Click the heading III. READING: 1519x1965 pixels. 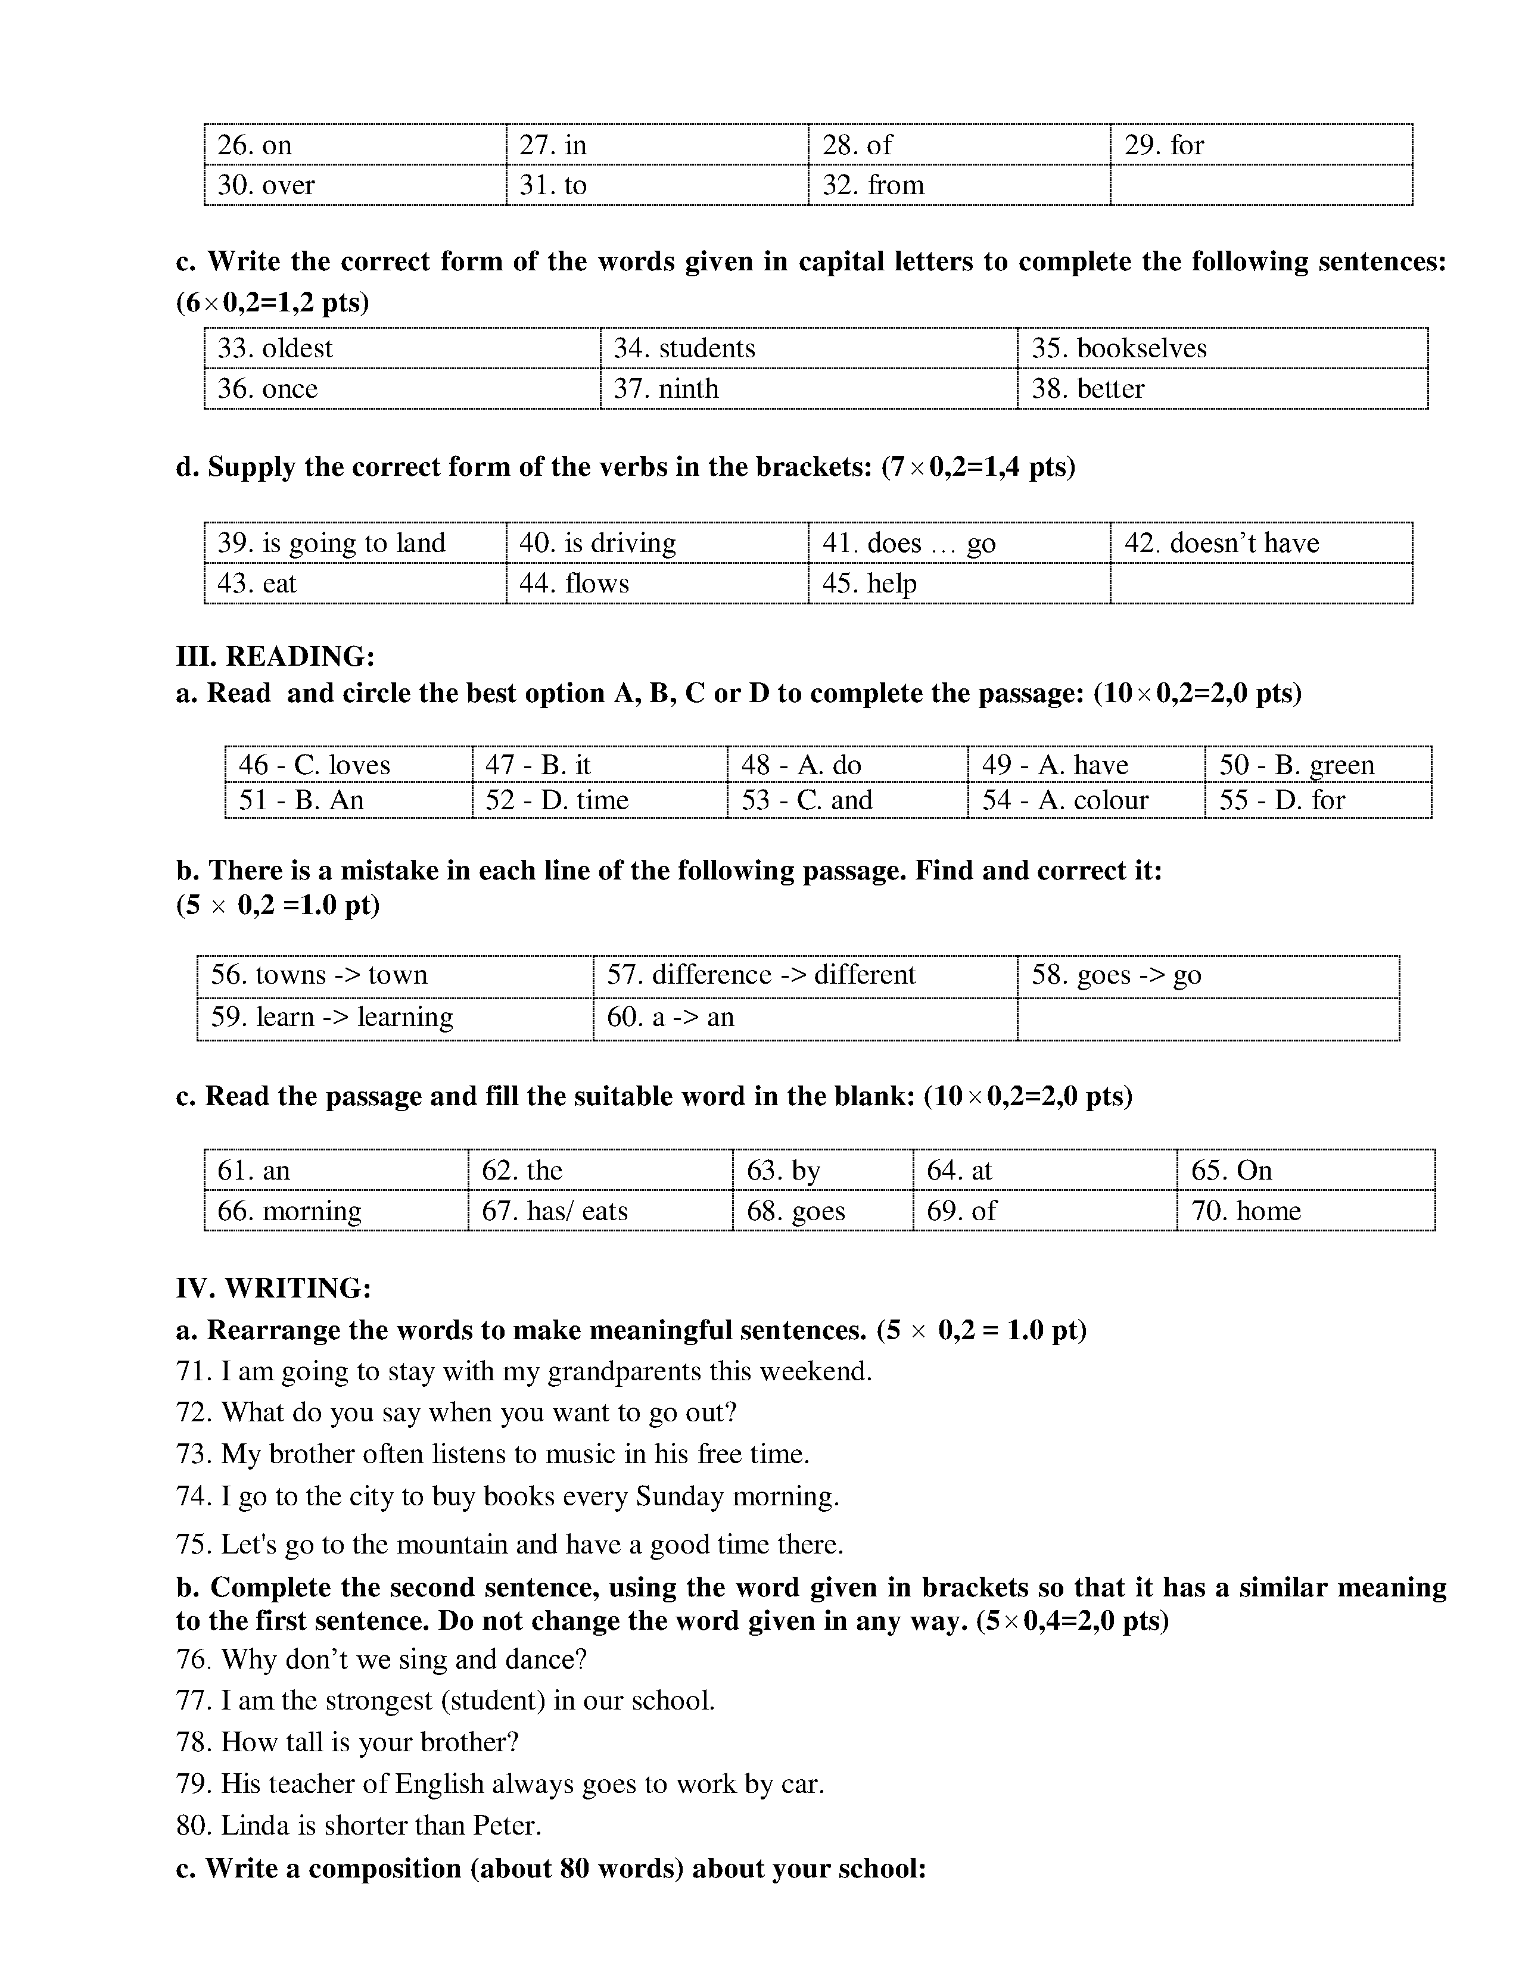[275, 657]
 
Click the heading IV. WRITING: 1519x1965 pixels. [273, 1289]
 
